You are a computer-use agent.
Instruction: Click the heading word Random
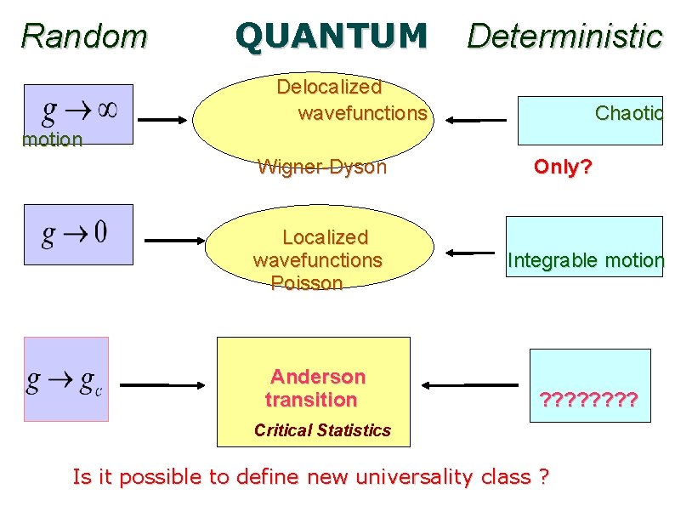pyautogui.click(x=84, y=36)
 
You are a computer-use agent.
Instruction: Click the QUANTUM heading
pyautogui.click(x=332, y=36)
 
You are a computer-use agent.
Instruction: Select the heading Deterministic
pyautogui.click(x=564, y=36)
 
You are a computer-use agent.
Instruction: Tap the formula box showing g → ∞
pyautogui.click(x=79, y=114)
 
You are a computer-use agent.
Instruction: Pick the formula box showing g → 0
pyautogui.click(x=78, y=234)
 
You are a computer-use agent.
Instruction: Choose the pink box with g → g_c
pyautogui.click(x=66, y=379)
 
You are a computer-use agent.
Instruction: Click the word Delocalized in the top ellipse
pyautogui.click(x=329, y=87)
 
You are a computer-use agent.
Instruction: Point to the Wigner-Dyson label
pyautogui.click(x=322, y=167)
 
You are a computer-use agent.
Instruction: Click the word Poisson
pyautogui.click(x=307, y=282)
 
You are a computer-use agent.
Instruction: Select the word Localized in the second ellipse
pyautogui.click(x=325, y=237)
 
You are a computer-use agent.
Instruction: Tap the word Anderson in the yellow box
pyautogui.click(x=318, y=377)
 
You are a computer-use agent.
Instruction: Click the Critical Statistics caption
pyautogui.click(x=322, y=430)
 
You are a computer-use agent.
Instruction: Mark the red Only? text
pyautogui.click(x=563, y=167)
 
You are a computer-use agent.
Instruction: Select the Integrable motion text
pyautogui.click(x=586, y=260)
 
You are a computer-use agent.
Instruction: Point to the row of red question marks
pyautogui.click(x=589, y=398)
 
